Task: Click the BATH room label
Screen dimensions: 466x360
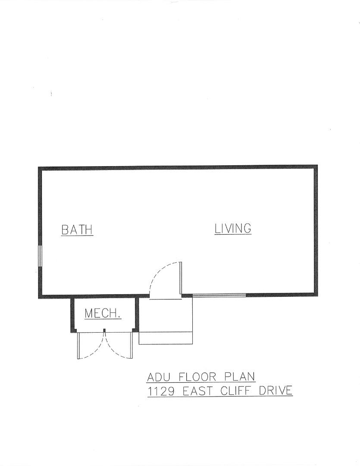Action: point(77,230)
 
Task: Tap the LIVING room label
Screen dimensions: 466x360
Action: point(233,228)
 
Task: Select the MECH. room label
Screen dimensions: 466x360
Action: point(103,313)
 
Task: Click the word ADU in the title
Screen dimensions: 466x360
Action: point(157,377)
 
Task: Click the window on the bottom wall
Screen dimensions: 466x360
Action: point(219,295)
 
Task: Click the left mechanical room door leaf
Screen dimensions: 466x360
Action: point(78,345)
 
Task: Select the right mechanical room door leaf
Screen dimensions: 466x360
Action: point(131,345)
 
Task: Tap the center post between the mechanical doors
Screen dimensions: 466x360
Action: point(104,331)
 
